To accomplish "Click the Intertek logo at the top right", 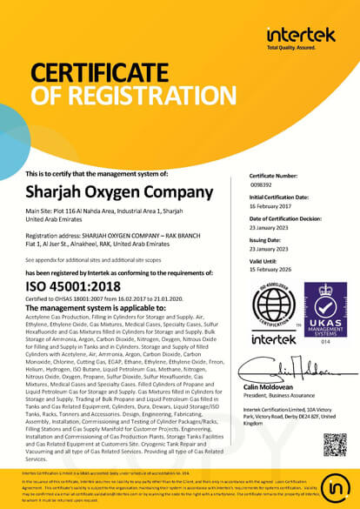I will tap(301, 34).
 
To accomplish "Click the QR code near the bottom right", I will tap(334, 444).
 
